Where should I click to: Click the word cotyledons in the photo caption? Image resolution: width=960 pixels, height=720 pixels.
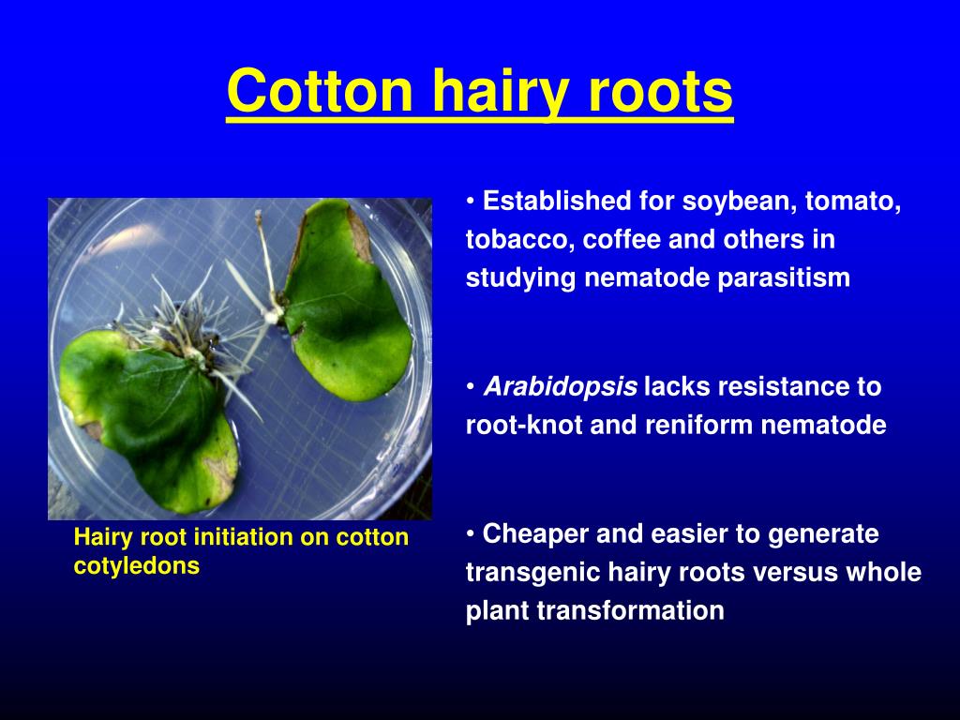click(137, 566)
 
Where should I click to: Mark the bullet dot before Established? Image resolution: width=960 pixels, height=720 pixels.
click(471, 202)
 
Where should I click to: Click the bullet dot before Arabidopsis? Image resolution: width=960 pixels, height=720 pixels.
click(471, 386)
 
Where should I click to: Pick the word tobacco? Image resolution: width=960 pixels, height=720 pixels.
click(517, 240)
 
